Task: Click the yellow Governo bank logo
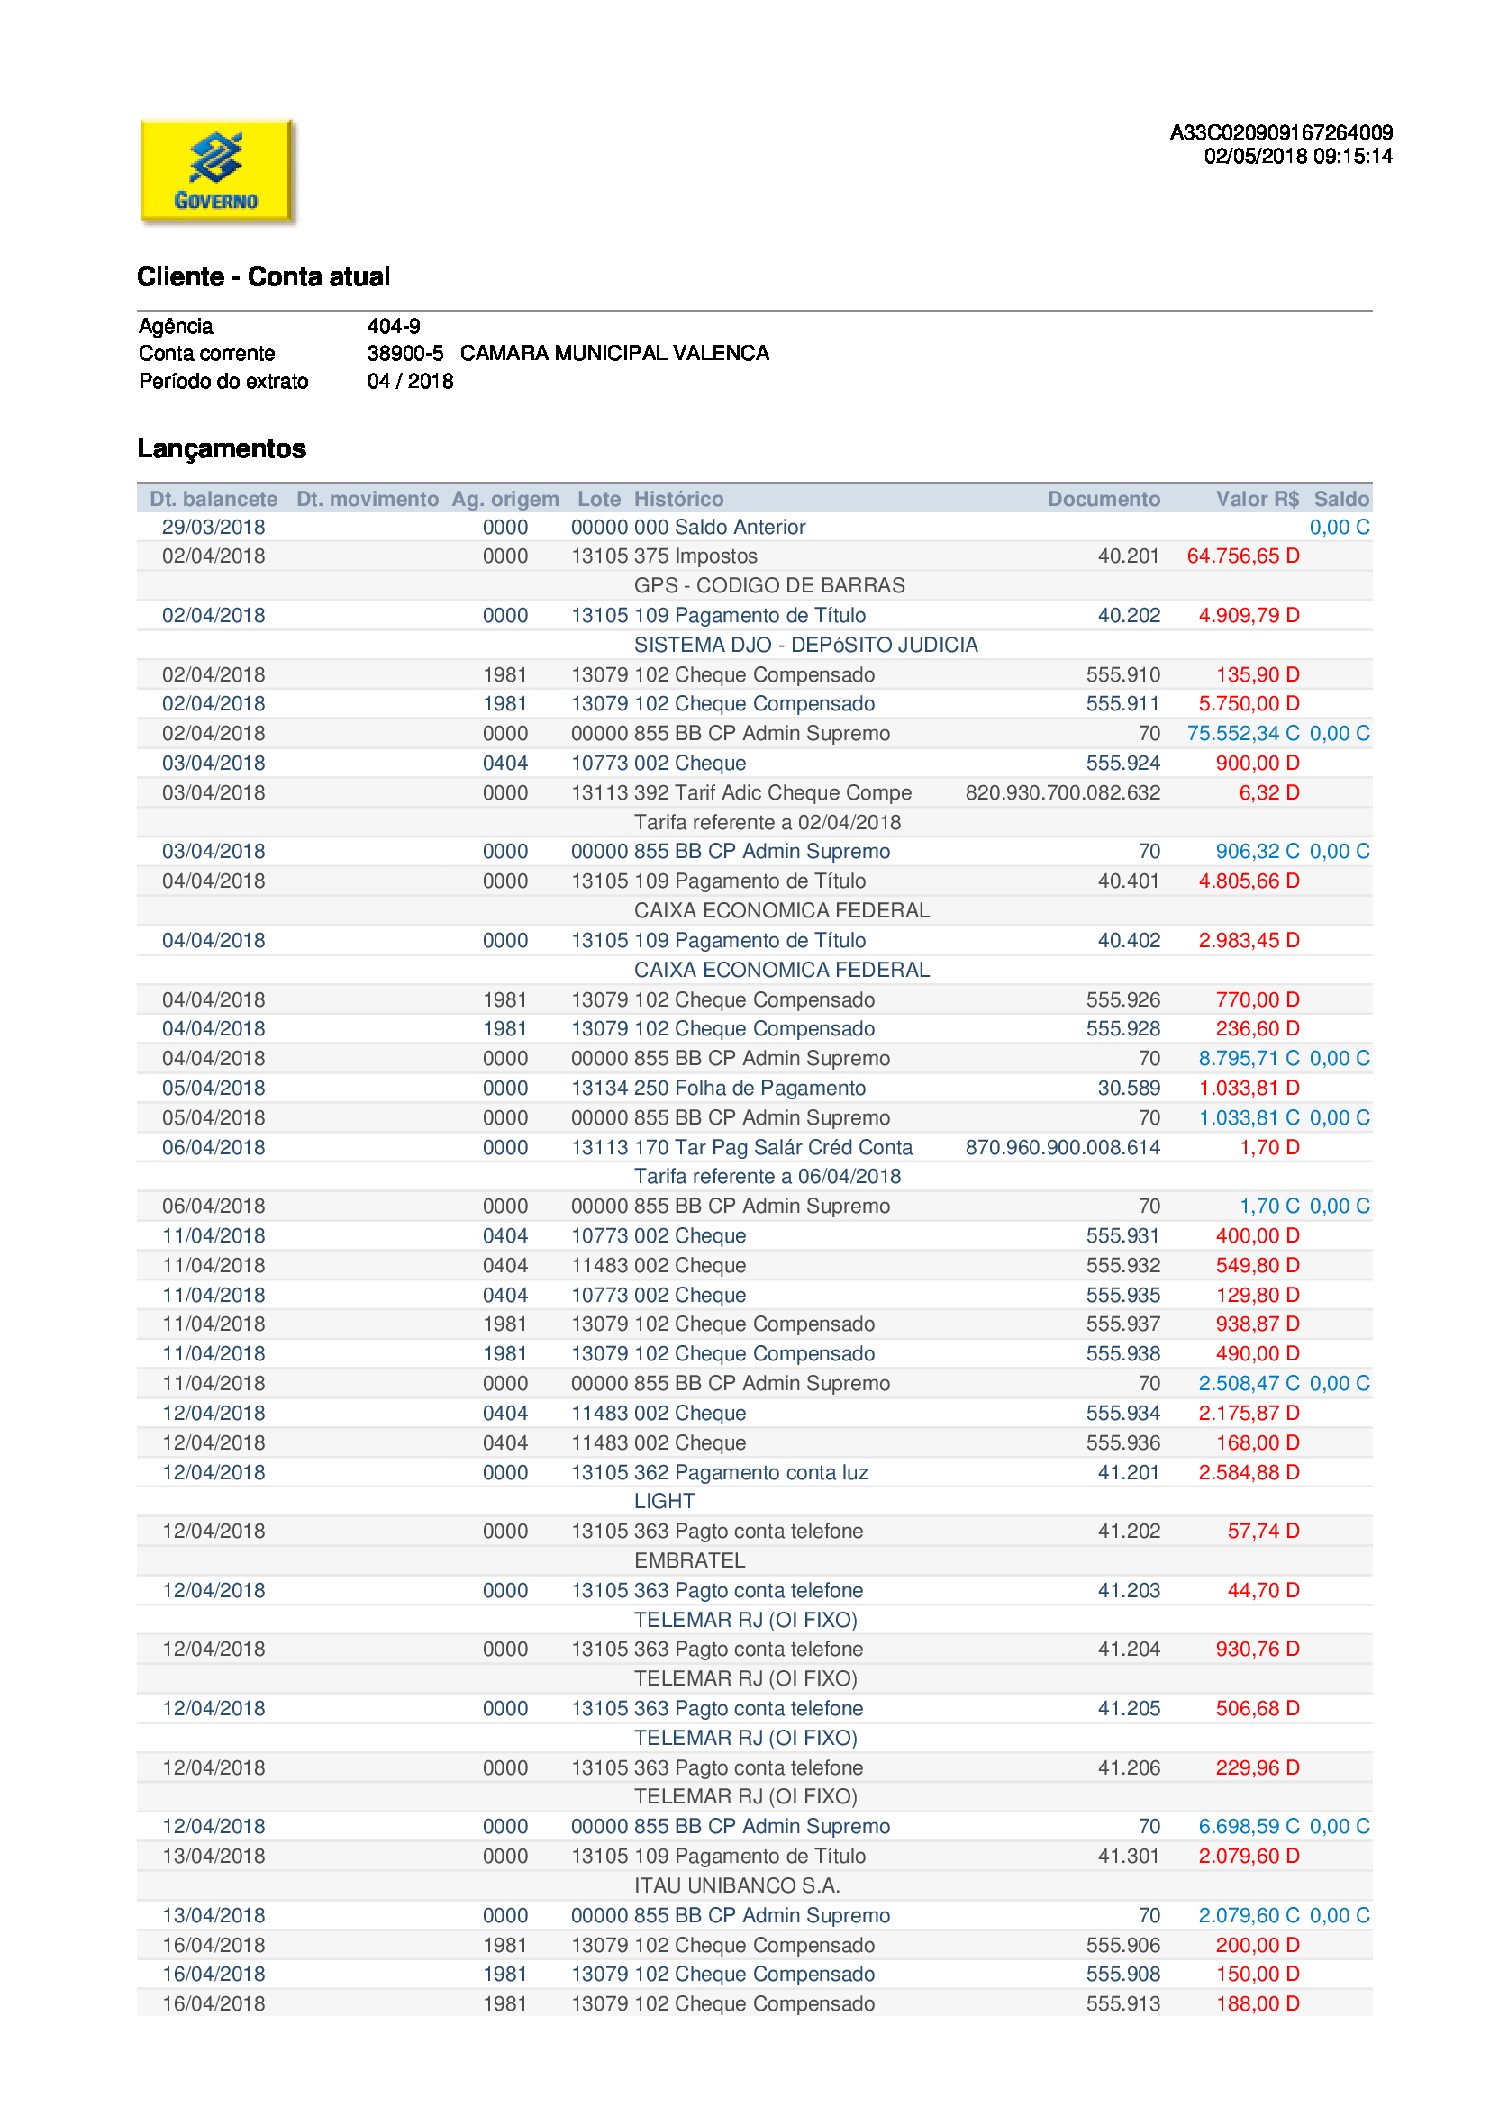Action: pyautogui.click(x=216, y=170)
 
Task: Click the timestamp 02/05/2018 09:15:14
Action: pyautogui.click(x=1297, y=156)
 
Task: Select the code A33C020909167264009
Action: pyautogui.click(x=1281, y=132)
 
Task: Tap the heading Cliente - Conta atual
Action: pyautogui.click(x=263, y=276)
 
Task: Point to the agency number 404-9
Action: pyautogui.click(x=394, y=326)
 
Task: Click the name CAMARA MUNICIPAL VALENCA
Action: pyautogui.click(x=614, y=353)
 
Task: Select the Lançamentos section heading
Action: pyautogui.click(x=222, y=448)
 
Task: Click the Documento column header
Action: pyautogui.click(x=1103, y=499)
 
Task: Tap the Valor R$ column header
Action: pyautogui.click(x=1256, y=499)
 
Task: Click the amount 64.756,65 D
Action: pyautogui.click(x=1242, y=556)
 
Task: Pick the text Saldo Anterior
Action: pyautogui.click(x=740, y=528)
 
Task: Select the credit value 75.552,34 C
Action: pyautogui.click(x=1242, y=734)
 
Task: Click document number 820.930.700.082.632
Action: pyautogui.click(x=1062, y=792)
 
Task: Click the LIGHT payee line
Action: pyautogui.click(x=664, y=1502)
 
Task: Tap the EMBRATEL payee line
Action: pyautogui.click(x=689, y=1560)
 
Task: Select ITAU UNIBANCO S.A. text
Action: pyautogui.click(x=737, y=1886)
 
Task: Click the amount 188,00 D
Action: pyautogui.click(x=1257, y=2004)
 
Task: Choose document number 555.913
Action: pyautogui.click(x=1123, y=2004)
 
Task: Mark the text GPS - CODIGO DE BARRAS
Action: pyautogui.click(x=768, y=585)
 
